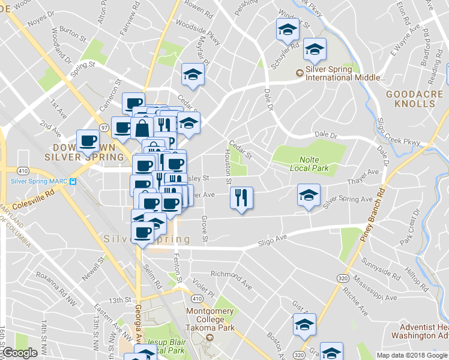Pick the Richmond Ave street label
tap(232, 278)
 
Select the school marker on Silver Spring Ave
tap(309, 194)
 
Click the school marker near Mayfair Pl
tap(193, 74)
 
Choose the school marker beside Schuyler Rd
tap(288, 29)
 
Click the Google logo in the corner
tap(20, 353)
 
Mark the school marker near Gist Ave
tap(304, 324)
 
